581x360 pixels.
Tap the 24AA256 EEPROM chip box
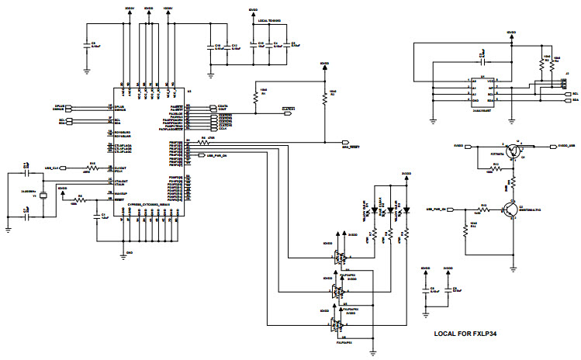[481, 92]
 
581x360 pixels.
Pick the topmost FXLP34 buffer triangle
[338, 258]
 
